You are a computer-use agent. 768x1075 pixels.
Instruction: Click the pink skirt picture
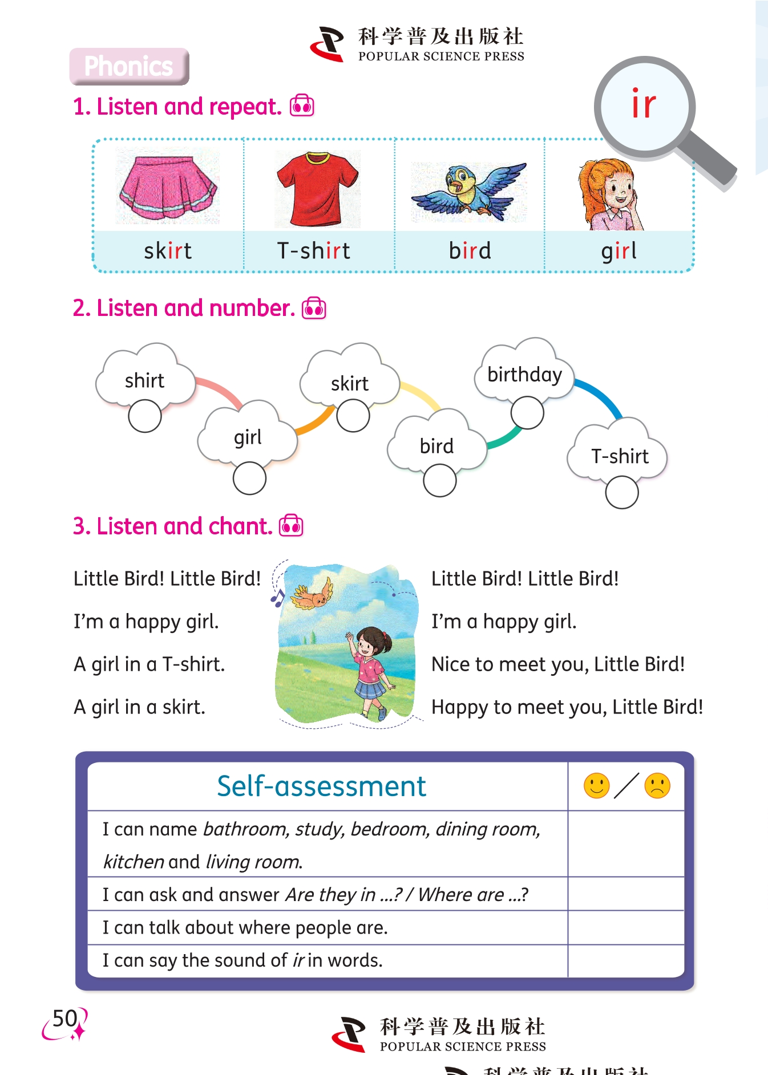point(168,187)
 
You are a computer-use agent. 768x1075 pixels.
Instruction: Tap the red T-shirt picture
point(317,189)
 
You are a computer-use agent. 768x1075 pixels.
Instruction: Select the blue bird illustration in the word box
point(469,190)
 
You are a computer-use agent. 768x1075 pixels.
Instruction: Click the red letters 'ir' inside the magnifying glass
point(644,105)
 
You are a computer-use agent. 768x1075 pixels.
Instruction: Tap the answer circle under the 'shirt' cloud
point(145,416)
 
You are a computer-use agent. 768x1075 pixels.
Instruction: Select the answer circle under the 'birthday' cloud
point(527,412)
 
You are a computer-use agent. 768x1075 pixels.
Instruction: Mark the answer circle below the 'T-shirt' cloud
point(622,492)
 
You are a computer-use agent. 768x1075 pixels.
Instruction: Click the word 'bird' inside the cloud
point(436,446)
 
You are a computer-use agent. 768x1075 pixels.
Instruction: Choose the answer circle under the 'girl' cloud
point(249,478)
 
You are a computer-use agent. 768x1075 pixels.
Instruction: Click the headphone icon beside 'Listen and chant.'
point(291,525)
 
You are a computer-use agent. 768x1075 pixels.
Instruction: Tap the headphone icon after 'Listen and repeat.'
point(302,106)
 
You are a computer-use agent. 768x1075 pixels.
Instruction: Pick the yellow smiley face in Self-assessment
point(597,786)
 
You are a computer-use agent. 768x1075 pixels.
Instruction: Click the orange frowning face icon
point(657,786)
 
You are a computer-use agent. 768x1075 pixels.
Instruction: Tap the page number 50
point(64,1019)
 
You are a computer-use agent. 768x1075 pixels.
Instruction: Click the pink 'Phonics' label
point(129,66)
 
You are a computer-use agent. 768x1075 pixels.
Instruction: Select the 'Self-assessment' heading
point(321,786)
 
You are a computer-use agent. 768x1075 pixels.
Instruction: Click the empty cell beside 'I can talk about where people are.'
point(626,927)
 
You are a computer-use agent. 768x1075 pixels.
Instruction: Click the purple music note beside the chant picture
point(277,598)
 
